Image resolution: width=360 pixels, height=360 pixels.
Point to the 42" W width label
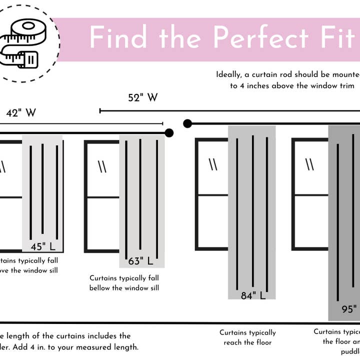click(x=21, y=113)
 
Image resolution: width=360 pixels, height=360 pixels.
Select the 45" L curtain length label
click(x=43, y=246)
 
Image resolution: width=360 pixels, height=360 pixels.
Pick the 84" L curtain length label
click(x=253, y=295)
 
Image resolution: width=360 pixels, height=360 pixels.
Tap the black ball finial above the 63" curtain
click(x=169, y=132)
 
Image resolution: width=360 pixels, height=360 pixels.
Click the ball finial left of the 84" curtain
click(x=187, y=123)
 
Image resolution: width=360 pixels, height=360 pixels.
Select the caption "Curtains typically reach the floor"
click(x=247, y=337)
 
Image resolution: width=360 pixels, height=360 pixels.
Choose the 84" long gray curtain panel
click(x=251, y=210)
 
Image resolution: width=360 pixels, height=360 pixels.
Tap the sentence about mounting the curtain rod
click(x=287, y=80)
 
